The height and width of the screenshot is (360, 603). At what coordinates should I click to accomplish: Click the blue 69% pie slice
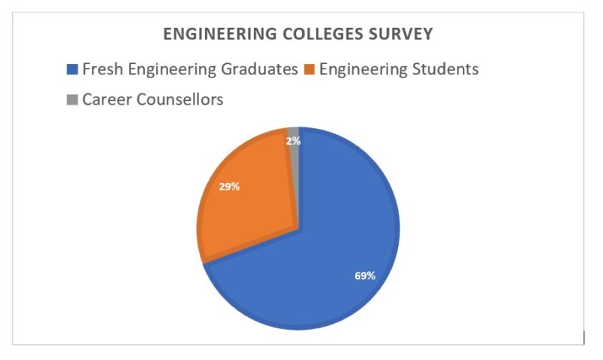(339, 249)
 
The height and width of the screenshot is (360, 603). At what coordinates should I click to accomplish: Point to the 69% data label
(365, 276)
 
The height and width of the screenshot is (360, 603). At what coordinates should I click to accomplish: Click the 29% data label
(229, 186)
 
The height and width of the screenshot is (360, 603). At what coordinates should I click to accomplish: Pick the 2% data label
(293, 140)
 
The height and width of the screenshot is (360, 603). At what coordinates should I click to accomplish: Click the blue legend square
(72, 70)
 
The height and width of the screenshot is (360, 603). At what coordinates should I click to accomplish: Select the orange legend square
(309, 70)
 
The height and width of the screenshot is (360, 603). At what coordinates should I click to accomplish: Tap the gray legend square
(72, 99)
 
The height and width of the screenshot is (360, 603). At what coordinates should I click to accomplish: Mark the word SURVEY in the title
(405, 35)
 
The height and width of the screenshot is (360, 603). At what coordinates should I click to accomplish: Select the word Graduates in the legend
(259, 70)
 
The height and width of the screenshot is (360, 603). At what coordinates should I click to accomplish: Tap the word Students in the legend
(445, 70)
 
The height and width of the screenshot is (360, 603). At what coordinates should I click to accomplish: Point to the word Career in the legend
(105, 99)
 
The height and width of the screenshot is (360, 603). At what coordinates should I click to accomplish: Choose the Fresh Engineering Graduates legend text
(190, 70)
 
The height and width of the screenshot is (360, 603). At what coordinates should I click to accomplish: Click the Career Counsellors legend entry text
(153, 99)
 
